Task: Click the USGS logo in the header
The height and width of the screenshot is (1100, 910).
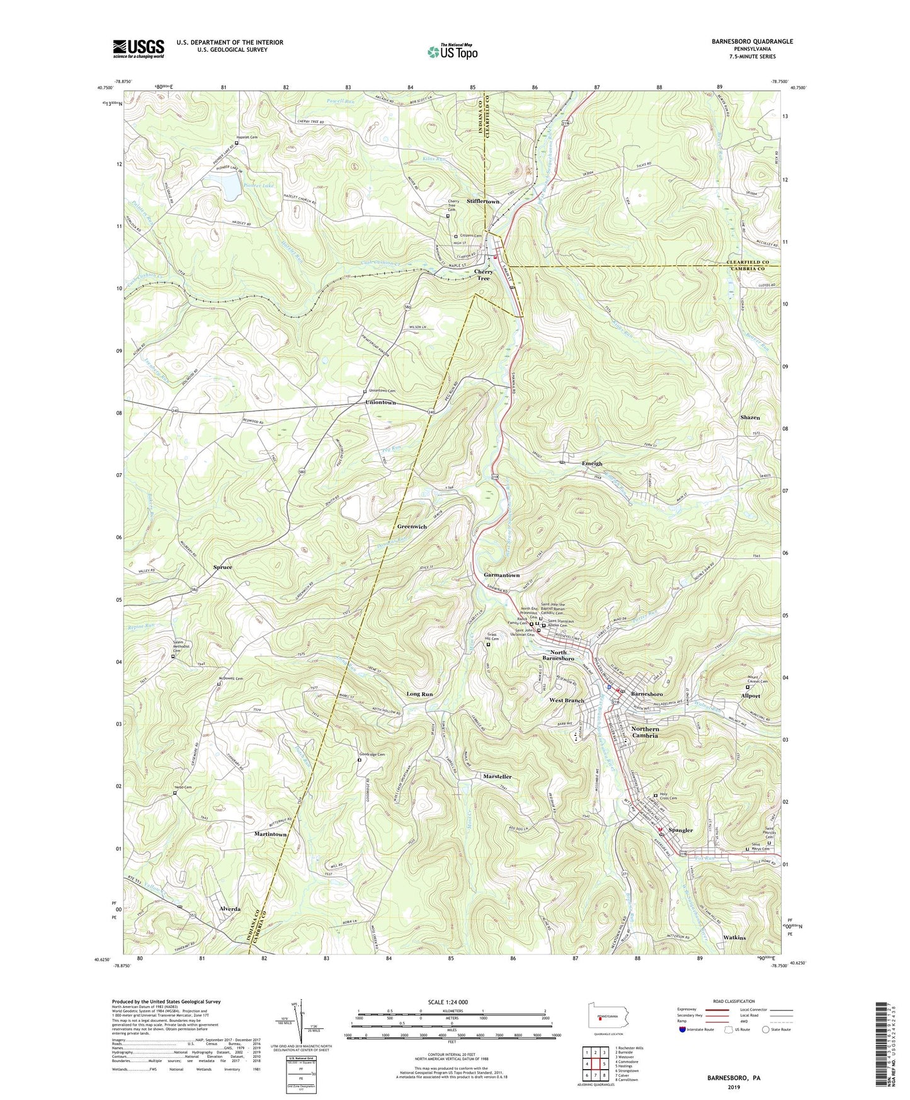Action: [x=139, y=49]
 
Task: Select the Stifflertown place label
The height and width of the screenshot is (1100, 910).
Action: [x=483, y=202]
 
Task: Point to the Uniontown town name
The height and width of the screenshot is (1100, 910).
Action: [x=380, y=402]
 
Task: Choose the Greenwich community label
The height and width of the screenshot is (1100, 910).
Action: [x=412, y=527]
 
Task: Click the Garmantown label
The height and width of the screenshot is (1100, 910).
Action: [x=501, y=575]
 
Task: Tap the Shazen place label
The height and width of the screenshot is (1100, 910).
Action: [x=749, y=418]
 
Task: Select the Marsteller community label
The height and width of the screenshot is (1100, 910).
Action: [x=497, y=777]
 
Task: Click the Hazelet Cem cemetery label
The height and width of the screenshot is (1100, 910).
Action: [x=247, y=137]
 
